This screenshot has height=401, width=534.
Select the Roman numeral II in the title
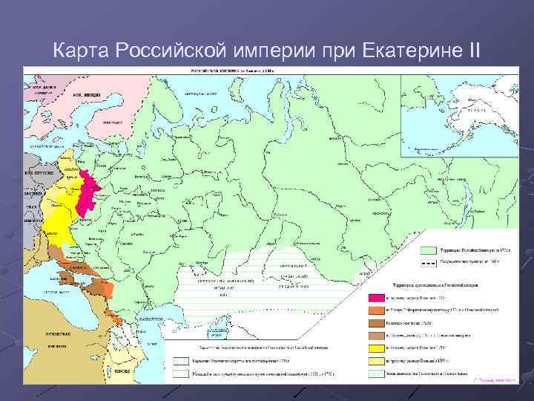(471, 50)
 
